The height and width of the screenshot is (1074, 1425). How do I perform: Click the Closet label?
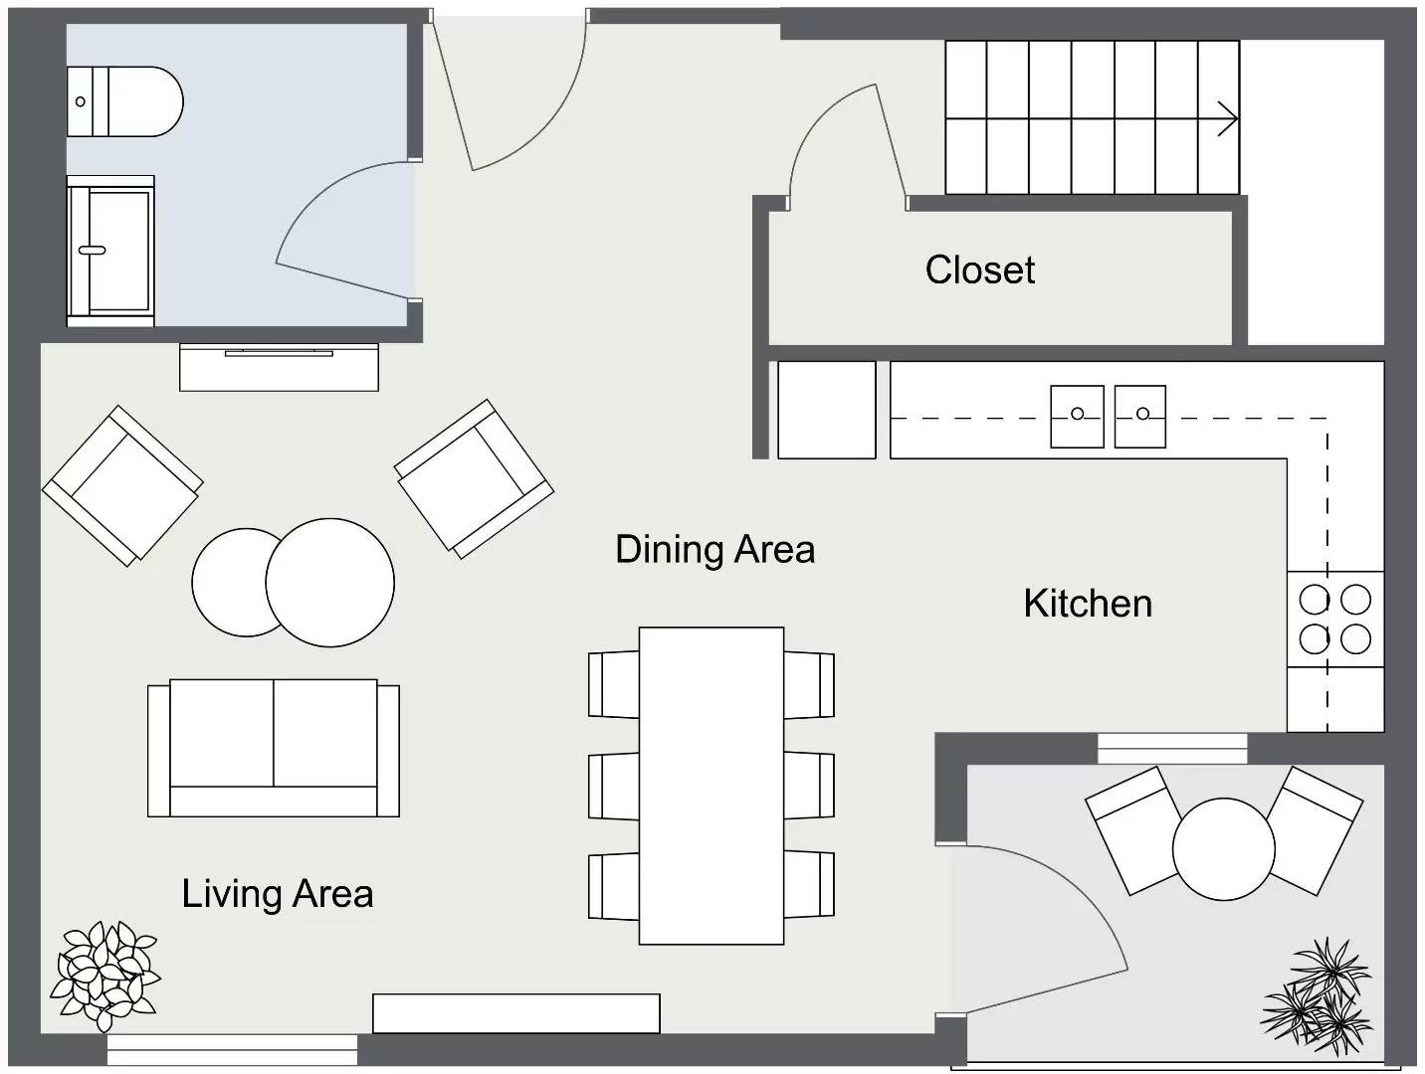point(980,269)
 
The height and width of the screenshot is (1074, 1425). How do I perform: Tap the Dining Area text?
point(714,549)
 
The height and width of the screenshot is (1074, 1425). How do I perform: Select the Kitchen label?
point(1088,604)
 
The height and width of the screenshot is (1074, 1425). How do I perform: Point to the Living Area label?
point(278,893)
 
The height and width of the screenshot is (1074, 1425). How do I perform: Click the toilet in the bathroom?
point(124,101)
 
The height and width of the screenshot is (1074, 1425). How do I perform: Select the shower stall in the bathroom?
point(110,252)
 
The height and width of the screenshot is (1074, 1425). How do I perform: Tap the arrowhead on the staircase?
point(1228,119)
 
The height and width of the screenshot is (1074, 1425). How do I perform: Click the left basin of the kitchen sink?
point(1077,416)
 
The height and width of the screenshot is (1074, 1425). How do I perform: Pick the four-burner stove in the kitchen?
point(1334,619)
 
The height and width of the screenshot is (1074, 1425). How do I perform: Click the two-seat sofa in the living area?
point(274,748)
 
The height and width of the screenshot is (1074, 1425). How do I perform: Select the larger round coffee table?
point(329,583)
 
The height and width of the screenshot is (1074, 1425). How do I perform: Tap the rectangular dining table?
point(711,785)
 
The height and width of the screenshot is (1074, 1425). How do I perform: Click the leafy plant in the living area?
point(104,975)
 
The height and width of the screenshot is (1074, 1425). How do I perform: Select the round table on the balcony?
point(1223,849)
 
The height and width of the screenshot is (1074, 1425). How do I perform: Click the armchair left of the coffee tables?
point(121,485)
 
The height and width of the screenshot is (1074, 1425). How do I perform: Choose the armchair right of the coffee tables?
point(474,477)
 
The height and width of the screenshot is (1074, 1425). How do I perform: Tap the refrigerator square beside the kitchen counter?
point(826,410)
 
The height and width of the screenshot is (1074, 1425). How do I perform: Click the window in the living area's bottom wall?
point(232,1049)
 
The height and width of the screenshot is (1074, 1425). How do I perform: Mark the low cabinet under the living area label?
point(515,1013)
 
